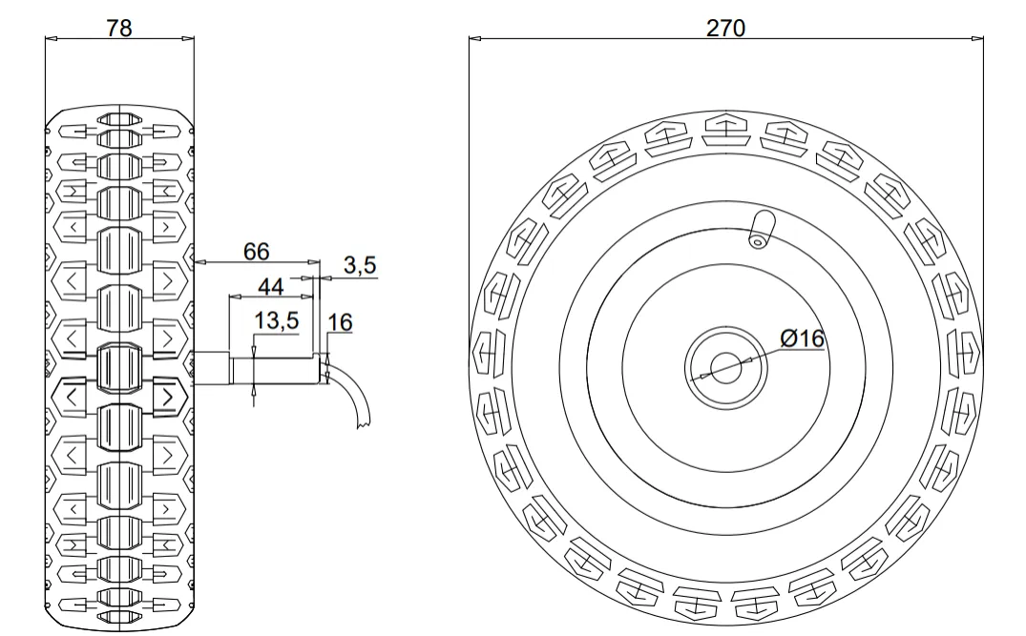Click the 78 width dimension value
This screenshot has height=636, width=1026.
[119, 28]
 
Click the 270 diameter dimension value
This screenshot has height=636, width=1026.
[725, 28]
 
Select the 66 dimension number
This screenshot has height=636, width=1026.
[257, 252]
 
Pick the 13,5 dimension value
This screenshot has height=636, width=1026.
[277, 321]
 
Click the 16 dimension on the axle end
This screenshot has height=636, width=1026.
[340, 323]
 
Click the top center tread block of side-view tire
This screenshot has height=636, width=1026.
[119, 123]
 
